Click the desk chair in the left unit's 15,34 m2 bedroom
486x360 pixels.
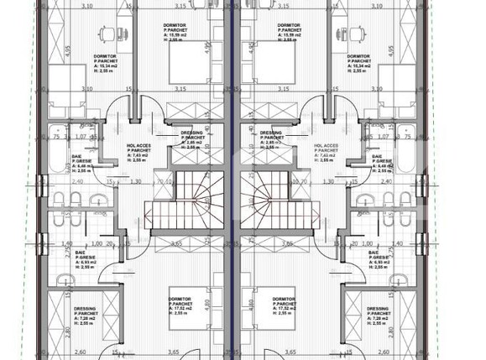point(107,34)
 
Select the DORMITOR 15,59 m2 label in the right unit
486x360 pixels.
point(290,31)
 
